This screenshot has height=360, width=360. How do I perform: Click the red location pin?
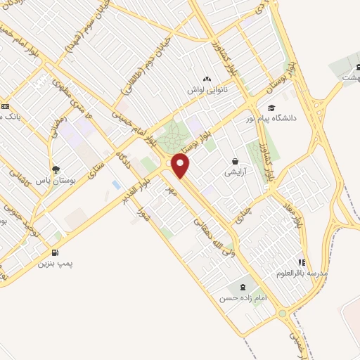pyautogui.click(x=181, y=166)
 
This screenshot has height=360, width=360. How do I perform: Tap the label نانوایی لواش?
pyautogui.click(x=205, y=91)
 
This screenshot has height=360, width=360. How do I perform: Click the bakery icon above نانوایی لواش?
pyautogui.click(x=205, y=79)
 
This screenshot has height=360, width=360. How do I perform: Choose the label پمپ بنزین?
pyautogui.click(x=56, y=264)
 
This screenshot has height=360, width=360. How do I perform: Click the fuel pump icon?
pyautogui.click(x=55, y=252)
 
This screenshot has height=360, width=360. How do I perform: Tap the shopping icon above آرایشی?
pyautogui.click(x=234, y=161)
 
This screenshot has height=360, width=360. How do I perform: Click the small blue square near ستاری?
pyautogui.click(x=115, y=184)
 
